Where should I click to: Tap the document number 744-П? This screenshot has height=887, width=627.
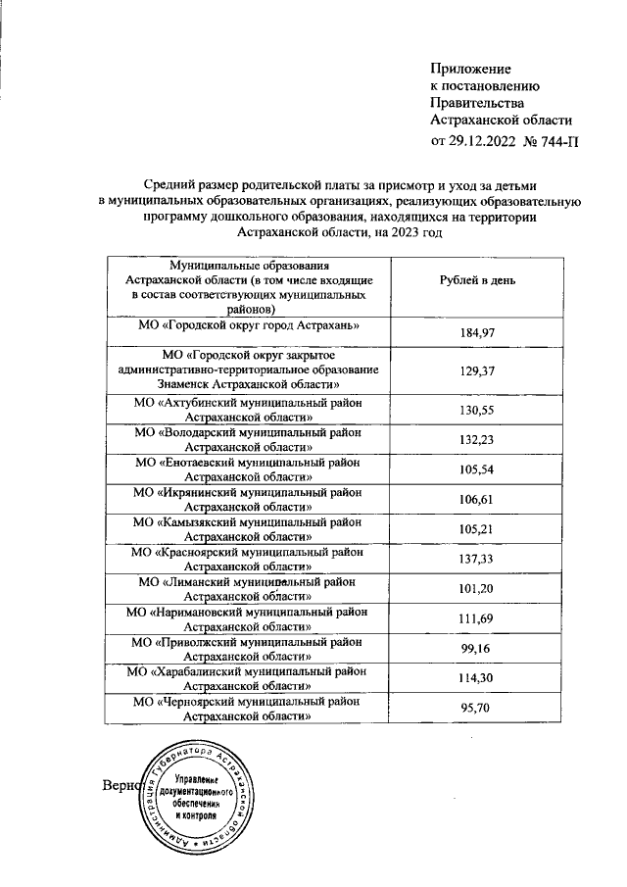(554, 140)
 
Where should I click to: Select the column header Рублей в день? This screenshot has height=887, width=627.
(478, 281)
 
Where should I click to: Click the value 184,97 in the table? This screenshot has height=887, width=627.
(478, 334)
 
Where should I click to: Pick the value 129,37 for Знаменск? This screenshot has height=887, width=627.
(478, 372)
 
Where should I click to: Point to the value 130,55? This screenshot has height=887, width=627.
(478, 411)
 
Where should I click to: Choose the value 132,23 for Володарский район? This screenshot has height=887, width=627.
(478, 441)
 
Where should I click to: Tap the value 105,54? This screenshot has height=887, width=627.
(478, 470)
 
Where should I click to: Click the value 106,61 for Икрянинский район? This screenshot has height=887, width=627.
(478, 501)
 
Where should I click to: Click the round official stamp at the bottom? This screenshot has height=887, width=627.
(201, 794)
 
